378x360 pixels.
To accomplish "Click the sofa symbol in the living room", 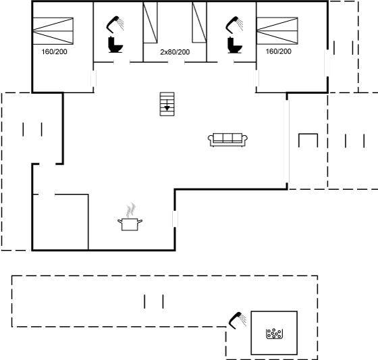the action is click(227, 140).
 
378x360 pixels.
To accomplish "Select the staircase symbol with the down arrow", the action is click(167, 104).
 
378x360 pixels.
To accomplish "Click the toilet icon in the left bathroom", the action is click(115, 45).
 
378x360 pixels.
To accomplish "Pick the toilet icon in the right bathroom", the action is click(234, 45).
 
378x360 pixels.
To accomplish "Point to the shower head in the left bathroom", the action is click(115, 24).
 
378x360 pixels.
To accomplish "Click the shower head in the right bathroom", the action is click(234, 24).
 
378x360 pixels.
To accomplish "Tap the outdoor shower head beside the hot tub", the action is click(238, 320).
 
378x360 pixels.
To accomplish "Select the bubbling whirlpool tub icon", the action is click(274, 334).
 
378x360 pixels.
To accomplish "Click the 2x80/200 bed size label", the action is click(175, 52).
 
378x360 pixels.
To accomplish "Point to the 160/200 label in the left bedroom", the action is click(54, 51).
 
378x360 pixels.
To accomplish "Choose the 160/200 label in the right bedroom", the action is click(278, 51).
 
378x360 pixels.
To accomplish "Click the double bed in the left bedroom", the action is click(53, 31).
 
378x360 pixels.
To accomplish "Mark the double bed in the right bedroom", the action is click(277, 30).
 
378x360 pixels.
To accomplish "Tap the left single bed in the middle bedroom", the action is click(150, 23).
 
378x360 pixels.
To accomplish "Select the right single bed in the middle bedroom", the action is click(199, 22).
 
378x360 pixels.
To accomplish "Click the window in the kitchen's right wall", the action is click(175, 219).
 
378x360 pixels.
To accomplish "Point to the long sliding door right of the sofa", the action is click(287, 141).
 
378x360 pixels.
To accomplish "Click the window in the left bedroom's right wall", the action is click(93, 78).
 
